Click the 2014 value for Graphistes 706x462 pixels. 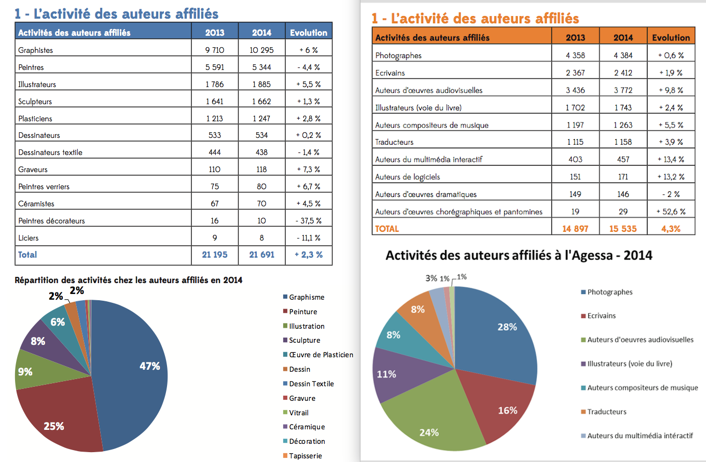tap(261, 50)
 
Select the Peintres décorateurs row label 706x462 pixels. tap(51, 221)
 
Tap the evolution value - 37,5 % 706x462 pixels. tap(309, 220)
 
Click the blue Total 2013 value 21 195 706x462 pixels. tap(215, 255)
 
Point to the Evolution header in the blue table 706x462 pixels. tap(309, 33)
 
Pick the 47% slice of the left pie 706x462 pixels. tap(132, 372)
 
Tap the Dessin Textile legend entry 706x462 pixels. tap(308, 384)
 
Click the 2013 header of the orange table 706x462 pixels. tap(575, 37)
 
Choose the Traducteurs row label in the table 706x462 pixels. tap(394, 142)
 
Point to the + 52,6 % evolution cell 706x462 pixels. tap(671, 212)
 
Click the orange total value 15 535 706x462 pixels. tap(623, 229)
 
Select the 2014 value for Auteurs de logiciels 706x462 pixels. tap(623, 177)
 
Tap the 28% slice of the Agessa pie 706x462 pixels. tap(498, 334)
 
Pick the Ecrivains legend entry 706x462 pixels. tap(598, 316)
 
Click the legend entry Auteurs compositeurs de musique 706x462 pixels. tap(640, 388)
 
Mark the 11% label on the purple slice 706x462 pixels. tap(386, 374)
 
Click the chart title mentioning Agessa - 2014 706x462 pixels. tap(519, 255)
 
